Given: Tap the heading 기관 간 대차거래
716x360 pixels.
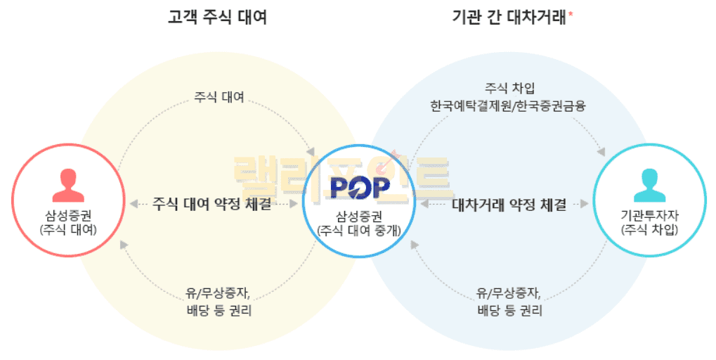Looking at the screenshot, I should pos(509,18).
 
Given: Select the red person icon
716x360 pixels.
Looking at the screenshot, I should pos(67,185).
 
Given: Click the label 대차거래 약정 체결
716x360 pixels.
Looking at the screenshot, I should pos(509,205).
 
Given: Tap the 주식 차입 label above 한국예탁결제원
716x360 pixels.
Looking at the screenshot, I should pos(509,89).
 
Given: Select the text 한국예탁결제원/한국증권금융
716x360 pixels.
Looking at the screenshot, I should pos(509,106).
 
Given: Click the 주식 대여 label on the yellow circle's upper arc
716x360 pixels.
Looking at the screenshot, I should pos(219,97).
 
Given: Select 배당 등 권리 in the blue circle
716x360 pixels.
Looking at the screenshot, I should pos(509,310).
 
